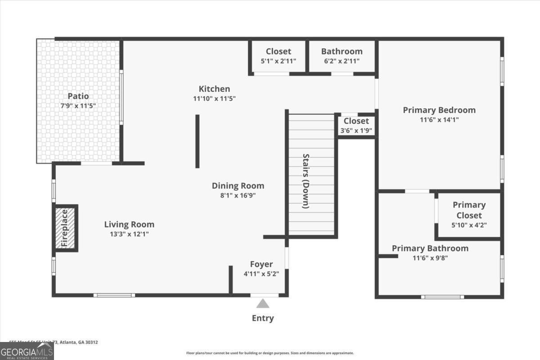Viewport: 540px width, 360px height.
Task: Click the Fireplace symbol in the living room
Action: click(66, 228)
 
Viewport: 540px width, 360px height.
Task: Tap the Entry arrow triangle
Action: click(263, 304)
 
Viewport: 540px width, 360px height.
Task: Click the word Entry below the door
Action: click(263, 318)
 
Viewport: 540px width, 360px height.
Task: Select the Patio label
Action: click(78, 96)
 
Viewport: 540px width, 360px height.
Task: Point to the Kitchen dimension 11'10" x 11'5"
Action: click(215, 98)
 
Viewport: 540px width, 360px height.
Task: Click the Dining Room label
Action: click(238, 185)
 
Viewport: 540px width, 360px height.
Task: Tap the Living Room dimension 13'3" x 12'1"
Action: click(129, 234)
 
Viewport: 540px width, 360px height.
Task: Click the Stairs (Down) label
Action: click(306, 181)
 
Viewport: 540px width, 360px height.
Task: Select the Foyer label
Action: click(261, 264)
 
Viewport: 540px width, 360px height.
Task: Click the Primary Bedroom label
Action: click(439, 110)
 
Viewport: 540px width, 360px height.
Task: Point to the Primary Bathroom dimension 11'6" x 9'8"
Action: click(430, 258)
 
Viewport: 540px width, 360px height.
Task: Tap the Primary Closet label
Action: click(469, 210)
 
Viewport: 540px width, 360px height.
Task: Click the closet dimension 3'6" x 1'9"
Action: click(356, 131)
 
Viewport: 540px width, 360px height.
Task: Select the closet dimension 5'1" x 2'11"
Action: click(279, 61)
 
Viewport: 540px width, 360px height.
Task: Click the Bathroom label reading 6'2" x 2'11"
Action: click(342, 51)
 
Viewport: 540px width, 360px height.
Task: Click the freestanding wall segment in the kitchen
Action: click(197, 141)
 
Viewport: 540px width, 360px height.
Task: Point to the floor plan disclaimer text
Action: click(270, 353)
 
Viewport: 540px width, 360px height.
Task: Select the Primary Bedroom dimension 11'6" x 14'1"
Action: click(439, 120)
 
